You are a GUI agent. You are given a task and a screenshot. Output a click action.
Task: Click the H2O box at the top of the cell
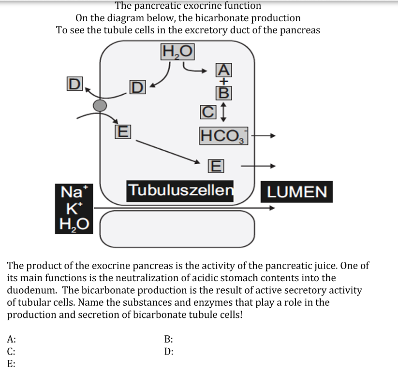click(x=177, y=51)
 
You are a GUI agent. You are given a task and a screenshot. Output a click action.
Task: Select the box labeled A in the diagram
click(x=223, y=70)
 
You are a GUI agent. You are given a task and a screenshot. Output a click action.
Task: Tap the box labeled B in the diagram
click(x=223, y=91)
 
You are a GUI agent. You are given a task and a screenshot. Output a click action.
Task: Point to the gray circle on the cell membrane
click(x=100, y=106)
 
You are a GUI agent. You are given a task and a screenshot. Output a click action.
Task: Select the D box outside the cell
click(x=73, y=84)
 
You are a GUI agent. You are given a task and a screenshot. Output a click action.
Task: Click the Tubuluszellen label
click(x=180, y=190)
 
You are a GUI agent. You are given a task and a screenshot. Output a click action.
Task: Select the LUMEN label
click(x=297, y=192)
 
